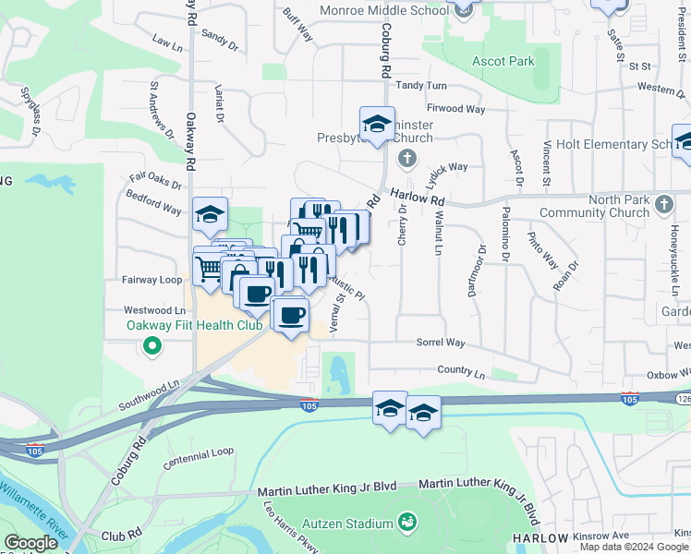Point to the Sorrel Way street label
[440, 343]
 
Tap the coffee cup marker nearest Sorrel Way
[292, 316]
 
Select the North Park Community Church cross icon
[663, 203]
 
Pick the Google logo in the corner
[30, 542]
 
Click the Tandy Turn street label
[421, 86]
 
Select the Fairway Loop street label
[152, 279]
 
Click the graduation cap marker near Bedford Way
[210, 216]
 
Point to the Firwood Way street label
[455, 109]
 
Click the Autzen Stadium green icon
[407, 524]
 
